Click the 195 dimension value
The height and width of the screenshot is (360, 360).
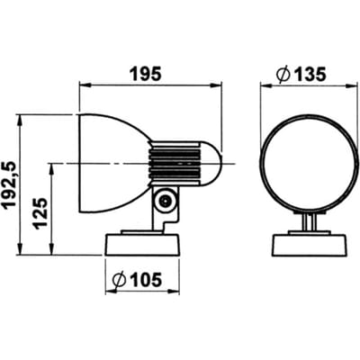coord(147,75)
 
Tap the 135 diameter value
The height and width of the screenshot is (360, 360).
coord(309,75)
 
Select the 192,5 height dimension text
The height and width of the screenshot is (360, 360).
coord(8,184)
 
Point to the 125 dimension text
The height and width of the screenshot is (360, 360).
coord(40,213)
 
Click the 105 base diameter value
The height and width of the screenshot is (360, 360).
coord(145,280)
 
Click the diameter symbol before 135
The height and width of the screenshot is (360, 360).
coord(283,75)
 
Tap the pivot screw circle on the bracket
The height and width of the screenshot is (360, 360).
coord(165,201)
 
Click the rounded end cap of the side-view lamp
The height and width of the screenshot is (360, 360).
coord(211,164)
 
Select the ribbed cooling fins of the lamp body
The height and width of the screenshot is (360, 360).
coord(174,164)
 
